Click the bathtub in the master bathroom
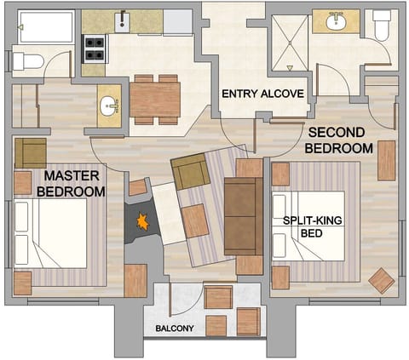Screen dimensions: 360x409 pyautogui.click(x=46, y=26)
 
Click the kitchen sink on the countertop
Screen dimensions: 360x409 pyautogui.click(x=123, y=21)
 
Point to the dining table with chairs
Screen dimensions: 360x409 pyautogui.click(x=155, y=99)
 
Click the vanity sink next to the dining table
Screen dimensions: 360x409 pyautogui.click(x=109, y=107)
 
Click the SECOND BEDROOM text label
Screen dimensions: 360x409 pyautogui.click(x=340, y=140)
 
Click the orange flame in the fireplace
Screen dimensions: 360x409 pyautogui.click(x=142, y=222)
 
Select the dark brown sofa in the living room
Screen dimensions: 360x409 pyautogui.click(x=243, y=216)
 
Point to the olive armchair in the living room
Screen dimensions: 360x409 pyautogui.click(x=190, y=173)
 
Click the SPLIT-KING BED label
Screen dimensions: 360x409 pyautogui.click(x=313, y=226)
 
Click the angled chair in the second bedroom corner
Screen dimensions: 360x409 pyautogui.click(x=382, y=280)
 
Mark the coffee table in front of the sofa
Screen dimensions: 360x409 pyautogui.click(x=195, y=220)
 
